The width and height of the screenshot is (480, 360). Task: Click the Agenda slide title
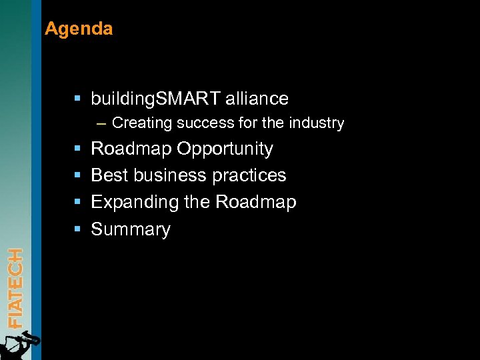coord(79,29)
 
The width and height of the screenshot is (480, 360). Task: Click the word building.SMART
coord(155,99)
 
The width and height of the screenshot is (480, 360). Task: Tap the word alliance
coord(257,99)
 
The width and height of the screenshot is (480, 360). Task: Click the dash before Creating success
coord(101,123)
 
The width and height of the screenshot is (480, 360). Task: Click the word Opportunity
coord(225,149)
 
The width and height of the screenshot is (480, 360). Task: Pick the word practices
coord(253,175)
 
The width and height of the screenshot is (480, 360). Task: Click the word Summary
coord(131,229)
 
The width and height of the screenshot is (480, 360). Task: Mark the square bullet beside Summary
coord(77,229)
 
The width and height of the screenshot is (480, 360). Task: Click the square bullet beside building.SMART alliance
coord(77,99)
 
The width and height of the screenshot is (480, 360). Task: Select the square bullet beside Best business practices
coord(77,175)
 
